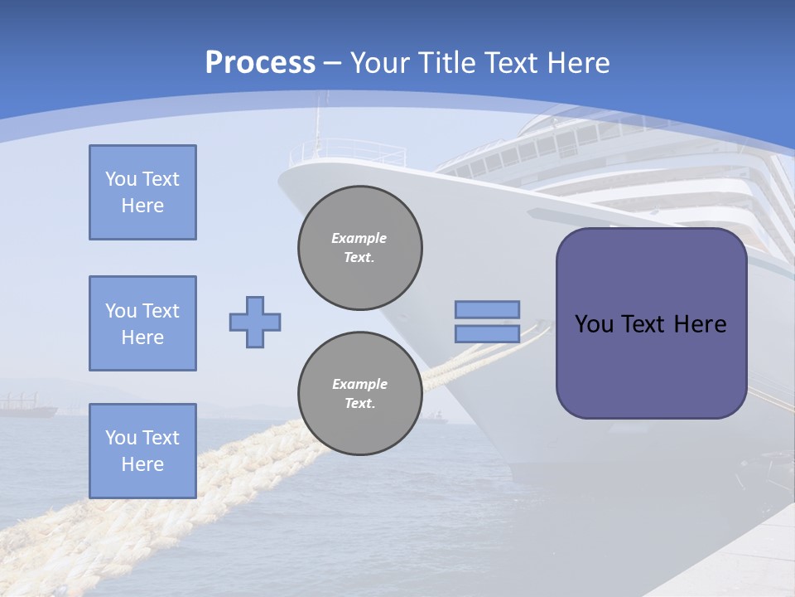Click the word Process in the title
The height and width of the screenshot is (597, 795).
click(260, 63)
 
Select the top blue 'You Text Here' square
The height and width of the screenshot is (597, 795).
click(142, 192)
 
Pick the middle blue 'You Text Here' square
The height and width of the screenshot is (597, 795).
click(142, 323)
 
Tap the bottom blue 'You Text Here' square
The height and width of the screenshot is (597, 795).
click(142, 451)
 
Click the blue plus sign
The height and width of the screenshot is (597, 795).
click(255, 322)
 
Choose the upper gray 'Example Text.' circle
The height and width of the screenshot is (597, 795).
click(360, 247)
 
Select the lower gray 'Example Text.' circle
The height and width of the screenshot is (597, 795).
click(360, 394)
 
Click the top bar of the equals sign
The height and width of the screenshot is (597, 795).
click(487, 309)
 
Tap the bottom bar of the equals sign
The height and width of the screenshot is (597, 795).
click(487, 333)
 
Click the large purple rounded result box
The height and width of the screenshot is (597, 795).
click(651, 365)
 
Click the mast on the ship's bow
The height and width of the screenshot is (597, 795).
click(316, 124)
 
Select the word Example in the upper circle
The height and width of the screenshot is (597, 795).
click(359, 238)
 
